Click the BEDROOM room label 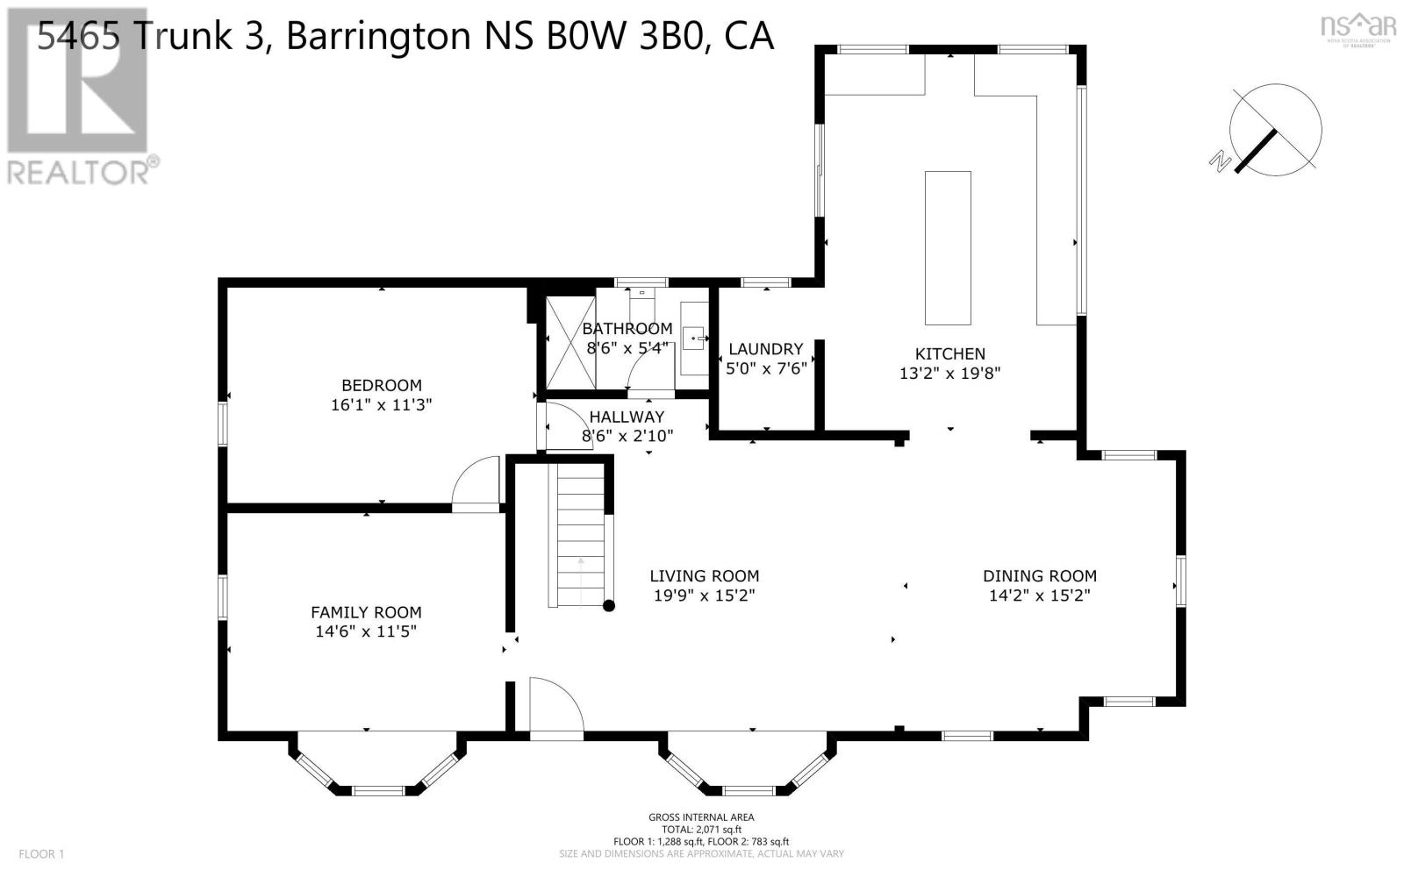tap(381, 385)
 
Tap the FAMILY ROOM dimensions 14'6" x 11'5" tap(365, 631)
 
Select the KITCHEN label tap(949, 353)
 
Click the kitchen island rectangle tap(948, 248)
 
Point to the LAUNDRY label tap(765, 349)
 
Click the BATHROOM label tap(627, 328)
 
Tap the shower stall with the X tap(571, 342)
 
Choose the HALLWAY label tap(627, 417)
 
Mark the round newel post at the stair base tap(608, 605)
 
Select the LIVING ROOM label tap(704, 576)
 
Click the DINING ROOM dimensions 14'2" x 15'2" tap(1039, 595)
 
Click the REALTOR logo tap(79, 96)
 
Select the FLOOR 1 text tap(41, 853)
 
